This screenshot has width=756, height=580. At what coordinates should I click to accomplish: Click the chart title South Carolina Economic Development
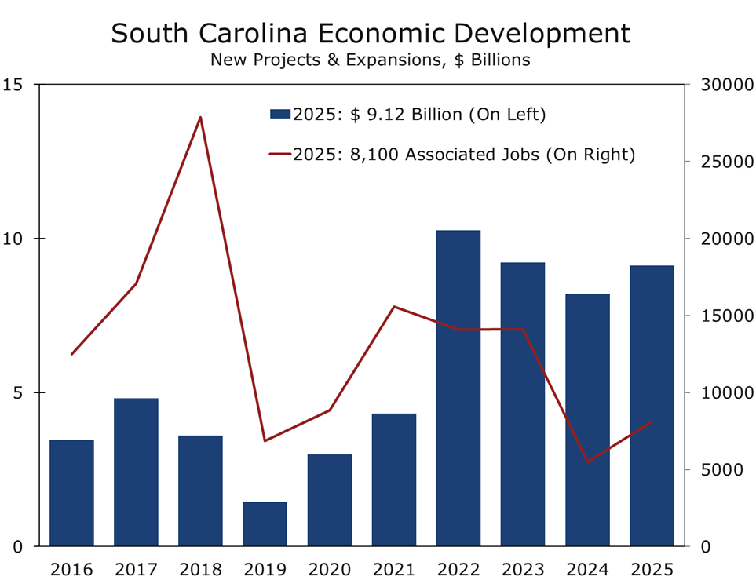(x=370, y=34)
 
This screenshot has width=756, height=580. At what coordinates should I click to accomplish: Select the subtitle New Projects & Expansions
(x=370, y=60)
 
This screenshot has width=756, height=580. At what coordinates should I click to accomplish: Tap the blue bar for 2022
(x=458, y=388)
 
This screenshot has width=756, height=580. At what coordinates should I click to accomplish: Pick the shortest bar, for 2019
(x=265, y=523)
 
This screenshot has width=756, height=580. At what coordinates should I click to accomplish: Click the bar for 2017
(x=136, y=472)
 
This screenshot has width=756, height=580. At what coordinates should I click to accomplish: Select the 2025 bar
(x=652, y=406)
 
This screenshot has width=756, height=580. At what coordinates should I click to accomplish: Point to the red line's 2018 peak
(x=200, y=118)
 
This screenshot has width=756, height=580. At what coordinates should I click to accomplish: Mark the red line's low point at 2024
(x=587, y=461)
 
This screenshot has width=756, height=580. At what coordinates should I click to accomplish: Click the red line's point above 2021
(x=393, y=307)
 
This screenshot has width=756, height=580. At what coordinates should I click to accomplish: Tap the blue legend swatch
(x=280, y=115)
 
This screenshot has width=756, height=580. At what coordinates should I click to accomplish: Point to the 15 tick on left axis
(x=14, y=85)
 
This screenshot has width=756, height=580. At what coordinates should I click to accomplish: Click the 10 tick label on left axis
(x=14, y=239)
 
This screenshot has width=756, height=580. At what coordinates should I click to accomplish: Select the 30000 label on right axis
(x=721, y=85)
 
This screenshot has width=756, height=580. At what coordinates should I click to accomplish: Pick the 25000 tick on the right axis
(x=721, y=162)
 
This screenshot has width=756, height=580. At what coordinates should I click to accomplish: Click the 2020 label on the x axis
(x=329, y=567)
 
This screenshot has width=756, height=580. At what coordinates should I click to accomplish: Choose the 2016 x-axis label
(x=71, y=567)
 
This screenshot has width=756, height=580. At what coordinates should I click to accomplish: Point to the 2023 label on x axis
(x=523, y=567)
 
